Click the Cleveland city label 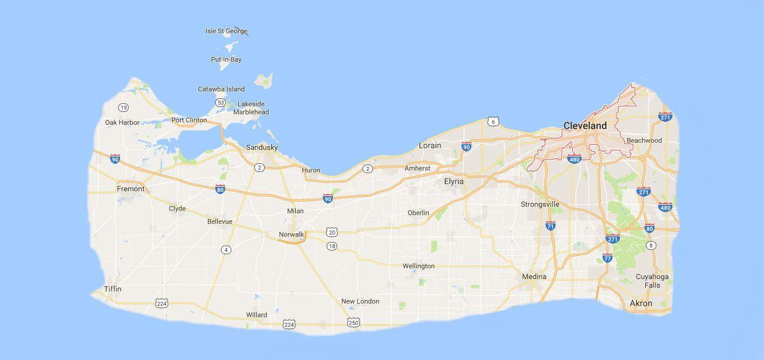[585, 126]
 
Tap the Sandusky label [262, 147]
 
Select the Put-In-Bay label [226, 59]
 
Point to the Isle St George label [226, 31]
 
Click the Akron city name [640, 303]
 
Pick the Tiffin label [113, 289]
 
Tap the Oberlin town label [418, 213]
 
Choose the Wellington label [418, 266]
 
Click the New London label [360, 301]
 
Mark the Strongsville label [539, 204]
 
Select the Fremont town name [131, 189]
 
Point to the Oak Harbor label [122, 122]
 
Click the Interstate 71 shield [551, 226]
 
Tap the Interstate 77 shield [607, 258]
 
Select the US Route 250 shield [353, 322]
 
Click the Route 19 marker [124, 107]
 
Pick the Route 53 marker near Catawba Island [220, 102]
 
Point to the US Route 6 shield [492, 121]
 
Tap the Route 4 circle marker [226, 249]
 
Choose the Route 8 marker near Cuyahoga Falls [651, 246]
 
